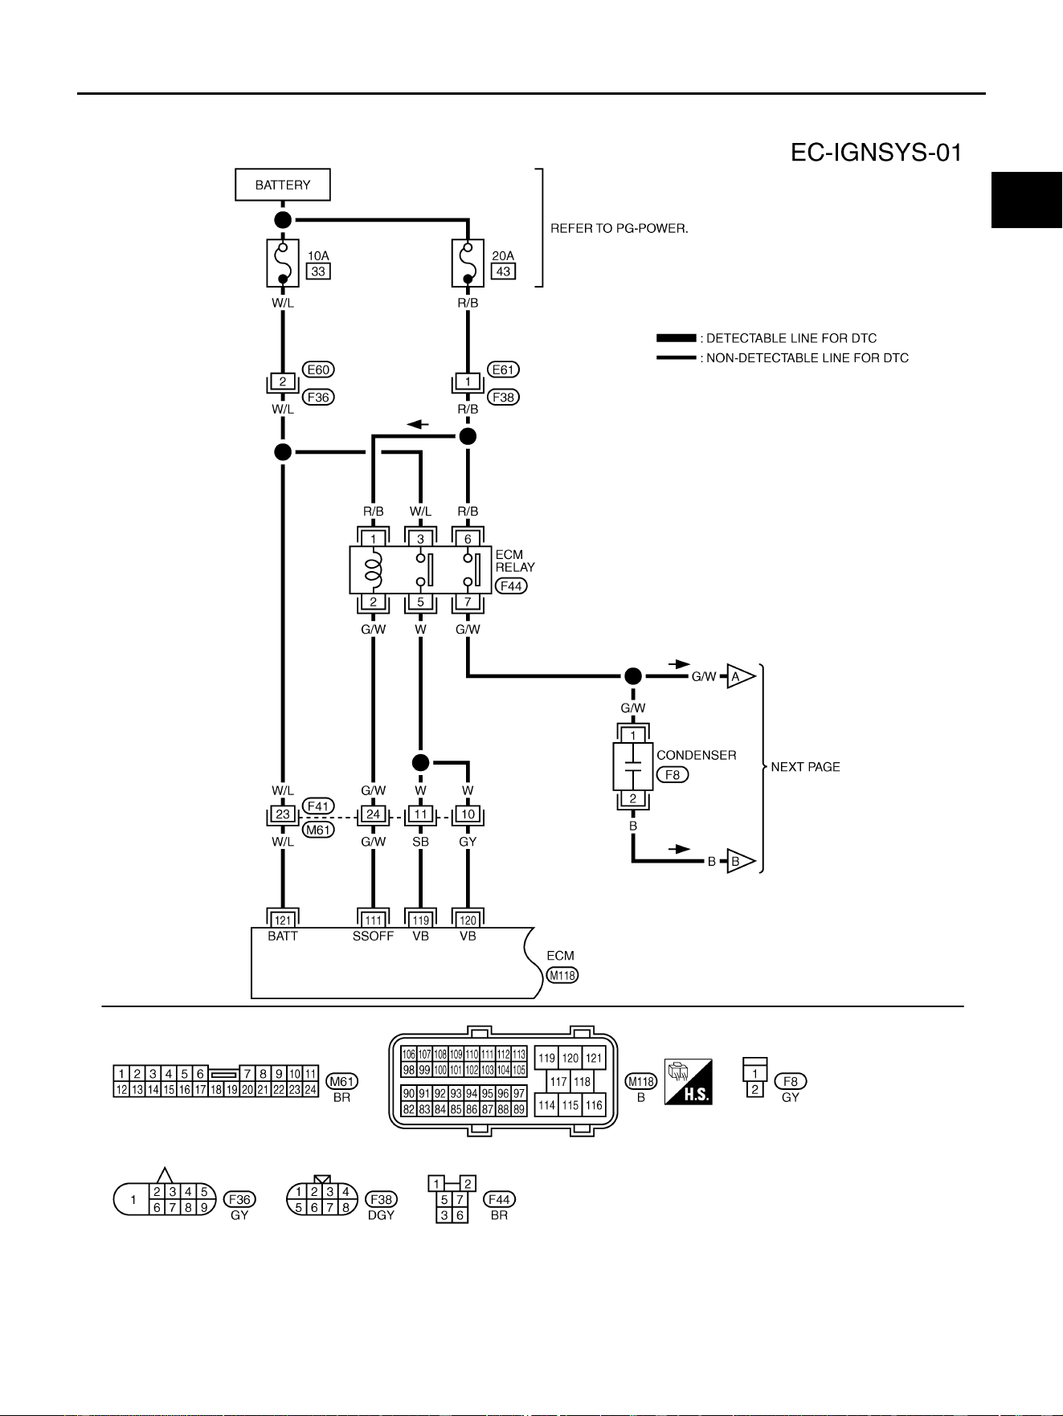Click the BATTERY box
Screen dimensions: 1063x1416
[283, 185]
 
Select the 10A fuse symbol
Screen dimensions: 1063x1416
[283, 263]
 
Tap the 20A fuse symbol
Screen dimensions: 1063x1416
[468, 263]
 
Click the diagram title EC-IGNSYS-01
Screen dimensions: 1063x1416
[876, 152]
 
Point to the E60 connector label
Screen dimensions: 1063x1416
[318, 369]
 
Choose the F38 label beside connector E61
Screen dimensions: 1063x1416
[503, 397]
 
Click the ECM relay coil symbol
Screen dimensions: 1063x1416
[373, 569]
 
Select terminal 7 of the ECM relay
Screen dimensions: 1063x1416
[468, 602]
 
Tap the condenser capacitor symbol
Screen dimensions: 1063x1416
[633, 766]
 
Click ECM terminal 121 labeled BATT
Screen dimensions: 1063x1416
[283, 920]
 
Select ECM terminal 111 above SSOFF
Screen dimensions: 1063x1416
[373, 920]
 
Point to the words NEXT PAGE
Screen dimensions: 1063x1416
[805, 767]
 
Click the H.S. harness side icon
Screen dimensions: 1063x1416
[689, 1081]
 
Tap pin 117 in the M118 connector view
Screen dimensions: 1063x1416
[558, 1082]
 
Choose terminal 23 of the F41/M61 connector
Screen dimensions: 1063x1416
[283, 814]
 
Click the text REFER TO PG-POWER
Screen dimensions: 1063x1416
[619, 228]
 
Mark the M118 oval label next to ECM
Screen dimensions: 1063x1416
[562, 975]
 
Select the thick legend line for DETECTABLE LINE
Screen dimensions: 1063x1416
[677, 338]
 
